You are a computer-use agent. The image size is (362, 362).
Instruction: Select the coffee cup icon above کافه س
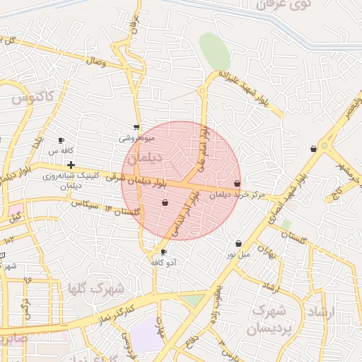(x=61, y=140)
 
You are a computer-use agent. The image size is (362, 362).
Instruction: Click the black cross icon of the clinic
(x=71, y=165)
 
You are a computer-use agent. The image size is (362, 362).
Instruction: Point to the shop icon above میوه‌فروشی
(x=136, y=128)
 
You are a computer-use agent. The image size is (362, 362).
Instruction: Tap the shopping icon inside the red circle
(x=165, y=203)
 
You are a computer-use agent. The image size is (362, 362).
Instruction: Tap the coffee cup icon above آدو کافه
(x=164, y=252)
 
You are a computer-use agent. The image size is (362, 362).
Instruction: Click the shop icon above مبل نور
(x=238, y=243)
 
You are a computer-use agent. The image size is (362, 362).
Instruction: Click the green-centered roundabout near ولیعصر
(x=326, y=146)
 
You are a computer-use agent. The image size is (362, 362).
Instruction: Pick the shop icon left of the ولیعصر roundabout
(x=313, y=148)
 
